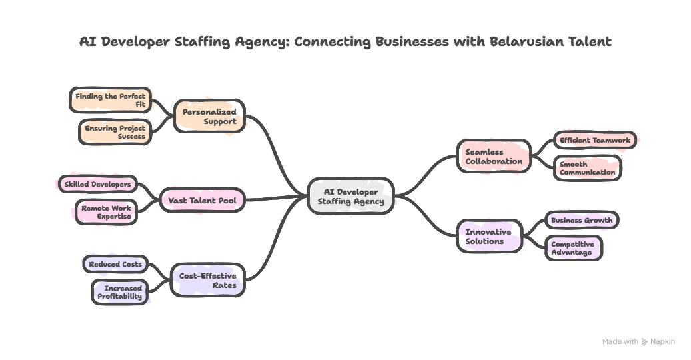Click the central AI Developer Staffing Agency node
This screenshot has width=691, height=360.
point(350,196)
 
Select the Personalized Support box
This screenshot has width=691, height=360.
point(209,117)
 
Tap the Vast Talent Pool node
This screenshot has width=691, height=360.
point(203,200)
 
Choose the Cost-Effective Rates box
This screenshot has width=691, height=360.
point(207,280)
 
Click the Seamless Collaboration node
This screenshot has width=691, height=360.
point(494,156)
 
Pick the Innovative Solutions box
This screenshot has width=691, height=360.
point(489,236)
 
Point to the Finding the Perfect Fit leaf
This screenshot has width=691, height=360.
point(110,100)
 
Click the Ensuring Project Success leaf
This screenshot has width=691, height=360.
point(114,132)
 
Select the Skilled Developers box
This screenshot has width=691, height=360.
point(97,183)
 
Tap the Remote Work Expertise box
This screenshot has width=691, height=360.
point(106,212)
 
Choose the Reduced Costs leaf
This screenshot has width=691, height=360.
point(115,264)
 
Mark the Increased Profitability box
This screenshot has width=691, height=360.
point(120,292)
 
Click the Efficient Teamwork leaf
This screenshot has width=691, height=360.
point(594,140)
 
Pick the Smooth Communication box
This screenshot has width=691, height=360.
point(587,168)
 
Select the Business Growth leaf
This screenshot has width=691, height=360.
point(581,220)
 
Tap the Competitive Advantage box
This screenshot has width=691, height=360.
point(573,248)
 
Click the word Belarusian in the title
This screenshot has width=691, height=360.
point(525,42)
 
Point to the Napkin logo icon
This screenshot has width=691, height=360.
point(644,342)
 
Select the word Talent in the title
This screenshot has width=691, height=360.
point(588,42)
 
